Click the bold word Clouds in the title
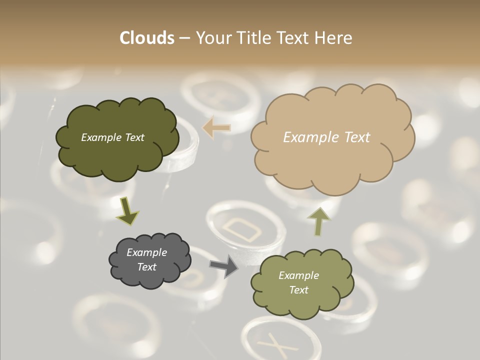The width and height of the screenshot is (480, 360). point(147,38)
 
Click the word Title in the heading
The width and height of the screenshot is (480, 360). point(253,38)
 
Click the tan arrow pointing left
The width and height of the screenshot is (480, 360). point(216,128)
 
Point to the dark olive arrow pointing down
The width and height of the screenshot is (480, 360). point(127,210)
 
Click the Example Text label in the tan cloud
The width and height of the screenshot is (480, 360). point(326,137)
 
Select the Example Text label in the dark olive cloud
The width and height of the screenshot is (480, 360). point(112,137)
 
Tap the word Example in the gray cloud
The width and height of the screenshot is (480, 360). point(146,252)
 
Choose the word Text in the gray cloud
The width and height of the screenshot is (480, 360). point(147,267)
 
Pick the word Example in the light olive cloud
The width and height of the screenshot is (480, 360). point(298,275)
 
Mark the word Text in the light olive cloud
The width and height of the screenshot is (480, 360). point(298,290)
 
